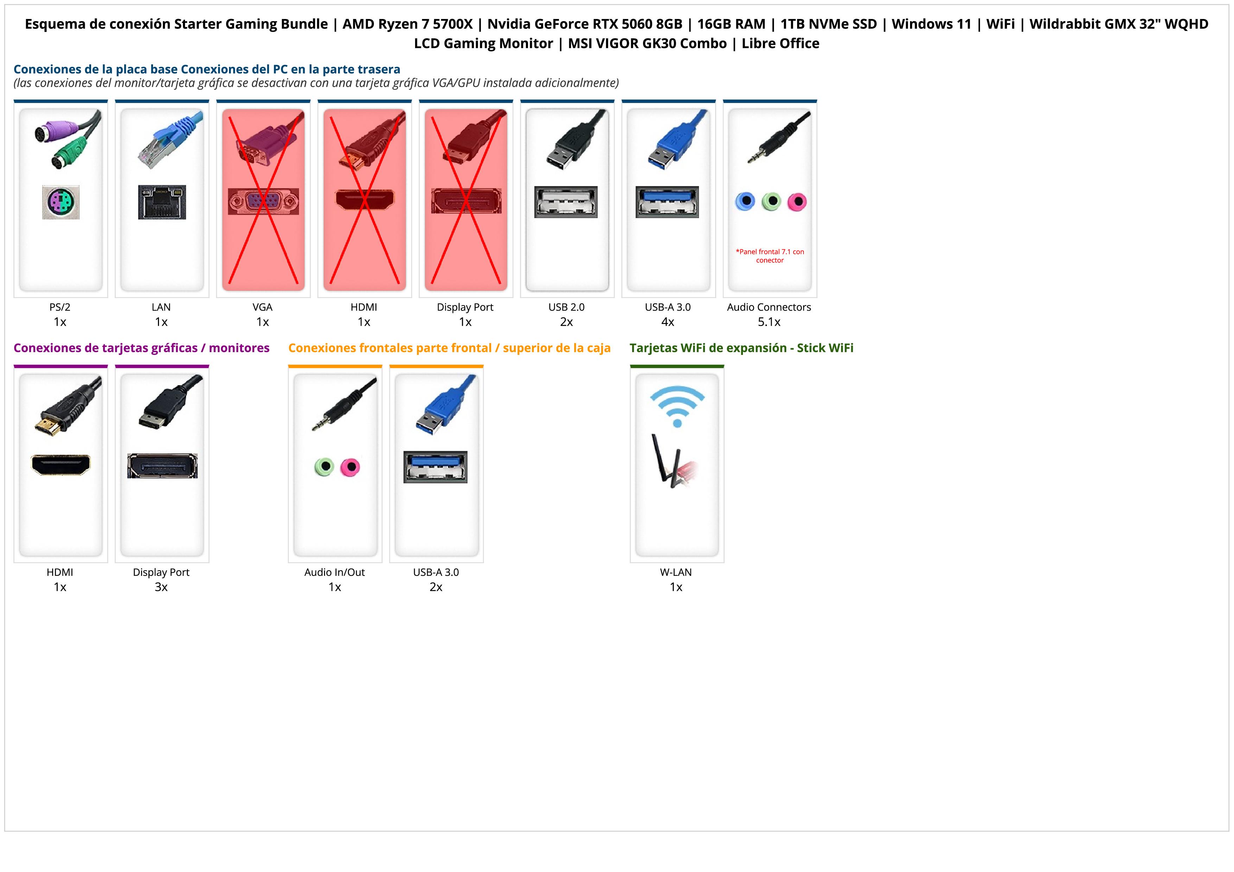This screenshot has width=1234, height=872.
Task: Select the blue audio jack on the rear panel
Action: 745,202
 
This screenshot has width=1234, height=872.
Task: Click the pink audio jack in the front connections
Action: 350,467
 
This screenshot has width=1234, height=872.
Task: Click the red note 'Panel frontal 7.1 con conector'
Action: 770,256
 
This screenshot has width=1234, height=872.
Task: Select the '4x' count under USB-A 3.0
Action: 668,322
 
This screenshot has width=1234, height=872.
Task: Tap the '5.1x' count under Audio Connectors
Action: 769,322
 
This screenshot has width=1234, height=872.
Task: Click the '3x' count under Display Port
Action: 161,587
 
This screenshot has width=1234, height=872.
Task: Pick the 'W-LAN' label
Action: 676,572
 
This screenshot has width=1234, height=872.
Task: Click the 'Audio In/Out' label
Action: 334,572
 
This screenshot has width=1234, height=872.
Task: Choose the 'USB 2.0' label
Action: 566,307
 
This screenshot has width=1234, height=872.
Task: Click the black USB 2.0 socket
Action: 566,202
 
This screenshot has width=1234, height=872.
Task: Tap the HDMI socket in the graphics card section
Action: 61,465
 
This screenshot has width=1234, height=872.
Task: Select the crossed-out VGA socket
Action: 263,202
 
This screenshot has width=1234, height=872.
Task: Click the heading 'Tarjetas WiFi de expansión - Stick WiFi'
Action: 741,348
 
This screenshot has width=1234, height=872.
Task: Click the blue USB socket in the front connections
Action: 435,467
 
